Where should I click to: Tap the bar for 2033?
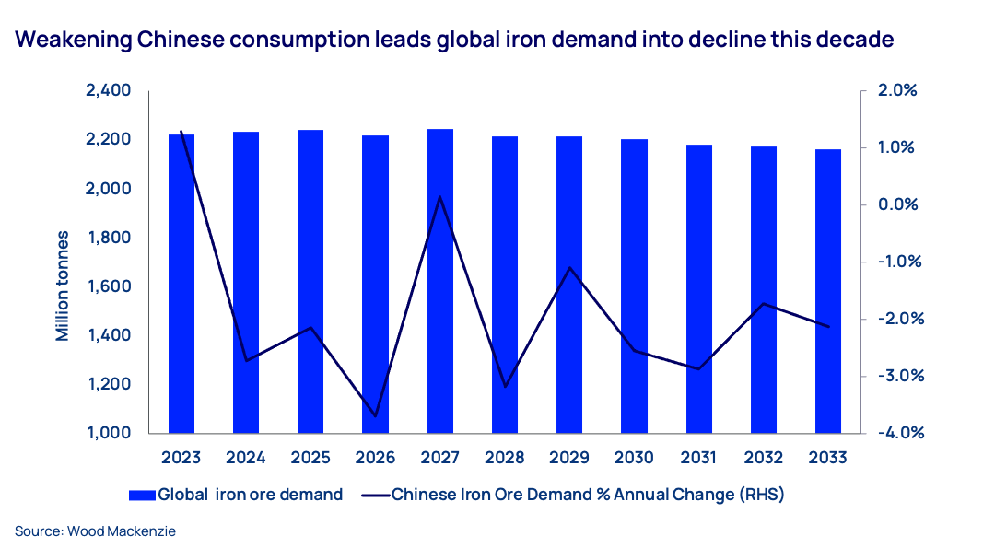click(828, 291)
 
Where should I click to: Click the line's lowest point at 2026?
click(376, 416)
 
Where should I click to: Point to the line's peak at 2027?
click(440, 196)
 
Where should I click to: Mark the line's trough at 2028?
click(505, 387)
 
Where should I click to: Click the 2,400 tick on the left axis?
click(108, 91)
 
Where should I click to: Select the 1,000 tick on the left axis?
click(108, 433)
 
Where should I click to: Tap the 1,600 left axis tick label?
click(108, 286)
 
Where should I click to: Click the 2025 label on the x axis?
click(310, 458)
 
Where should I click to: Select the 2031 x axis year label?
click(698, 458)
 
